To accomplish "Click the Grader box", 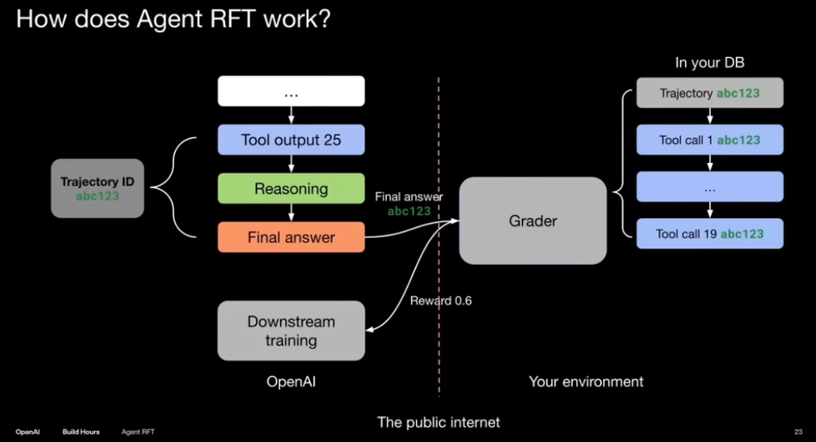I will pos(532,221).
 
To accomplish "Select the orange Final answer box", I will pos(291,237).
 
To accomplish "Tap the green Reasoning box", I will pos(291,189).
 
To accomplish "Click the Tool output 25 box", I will pos(291,140).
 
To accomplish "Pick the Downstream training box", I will pos(291,331).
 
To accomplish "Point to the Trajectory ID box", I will pos(97,188).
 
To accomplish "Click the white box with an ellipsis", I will pos(291,92).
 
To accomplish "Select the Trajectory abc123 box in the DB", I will pos(709,93).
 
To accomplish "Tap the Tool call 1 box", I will pos(709,140).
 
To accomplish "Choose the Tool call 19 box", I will pos(709,234).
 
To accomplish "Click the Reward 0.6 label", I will pos(440,301).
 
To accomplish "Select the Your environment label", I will pos(586,382).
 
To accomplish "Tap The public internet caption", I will pos(439,422).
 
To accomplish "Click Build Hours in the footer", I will pos(81,432).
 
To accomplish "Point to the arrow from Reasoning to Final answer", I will pos(291,213).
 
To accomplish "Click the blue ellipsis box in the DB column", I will pos(709,187).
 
